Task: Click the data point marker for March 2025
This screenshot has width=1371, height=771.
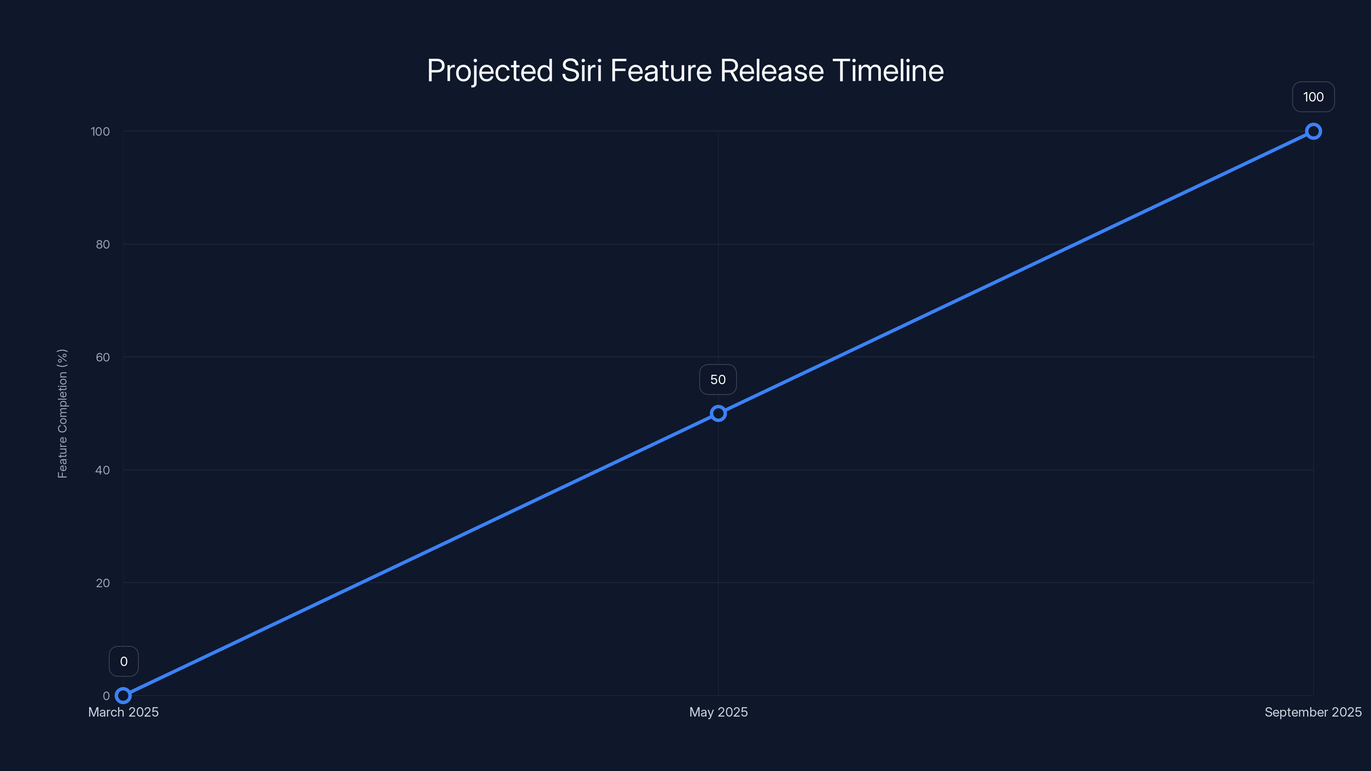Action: click(123, 696)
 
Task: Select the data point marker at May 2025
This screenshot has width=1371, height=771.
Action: click(718, 413)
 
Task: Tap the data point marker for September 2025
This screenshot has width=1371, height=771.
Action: click(1313, 131)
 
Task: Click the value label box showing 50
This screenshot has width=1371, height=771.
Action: click(718, 380)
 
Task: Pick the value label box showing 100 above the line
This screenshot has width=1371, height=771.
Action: click(1313, 97)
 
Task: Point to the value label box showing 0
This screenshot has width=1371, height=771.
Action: click(123, 661)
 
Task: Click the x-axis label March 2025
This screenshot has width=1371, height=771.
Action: click(123, 712)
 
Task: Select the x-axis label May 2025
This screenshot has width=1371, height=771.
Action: click(718, 712)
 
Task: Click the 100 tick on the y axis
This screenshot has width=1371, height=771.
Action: click(100, 131)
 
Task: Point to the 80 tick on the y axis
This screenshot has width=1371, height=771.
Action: click(103, 244)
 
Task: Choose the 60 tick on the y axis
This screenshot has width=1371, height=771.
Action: click(103, 357)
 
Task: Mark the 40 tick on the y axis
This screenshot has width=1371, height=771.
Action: click(103, 470)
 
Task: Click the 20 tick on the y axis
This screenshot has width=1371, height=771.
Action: click(103, 583)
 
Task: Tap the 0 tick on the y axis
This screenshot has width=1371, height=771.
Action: click(106, 696)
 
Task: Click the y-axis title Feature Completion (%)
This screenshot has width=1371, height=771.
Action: click(62, 413)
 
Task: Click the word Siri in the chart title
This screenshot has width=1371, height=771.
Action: click(581, 70)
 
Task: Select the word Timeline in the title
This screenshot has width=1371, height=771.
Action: click(888, 70)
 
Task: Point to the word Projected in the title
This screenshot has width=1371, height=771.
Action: click(490, 71)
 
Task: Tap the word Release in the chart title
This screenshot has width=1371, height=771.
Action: click(771, 70)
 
